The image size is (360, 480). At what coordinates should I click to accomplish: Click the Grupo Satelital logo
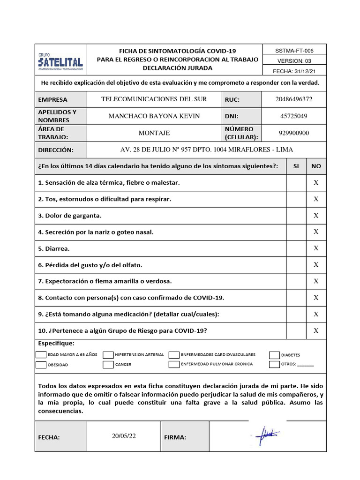point(60,60)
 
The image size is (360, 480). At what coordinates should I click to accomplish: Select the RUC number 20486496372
point(294,99)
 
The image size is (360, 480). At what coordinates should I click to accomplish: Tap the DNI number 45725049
point(294,116)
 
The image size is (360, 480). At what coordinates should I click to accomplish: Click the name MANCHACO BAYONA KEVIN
point(154,116)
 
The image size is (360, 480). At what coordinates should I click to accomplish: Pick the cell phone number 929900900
point(294,133)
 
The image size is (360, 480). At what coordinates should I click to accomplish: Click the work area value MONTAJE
point(154,133)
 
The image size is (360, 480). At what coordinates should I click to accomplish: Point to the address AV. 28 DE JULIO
point(206,150)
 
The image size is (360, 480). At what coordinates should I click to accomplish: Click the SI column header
point(296,166)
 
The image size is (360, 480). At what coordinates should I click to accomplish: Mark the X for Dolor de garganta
point(316,216)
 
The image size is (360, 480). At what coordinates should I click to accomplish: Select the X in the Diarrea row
point(316,248)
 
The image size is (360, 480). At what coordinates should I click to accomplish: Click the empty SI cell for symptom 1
point(296,182)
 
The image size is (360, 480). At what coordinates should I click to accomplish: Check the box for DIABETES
point(274,355)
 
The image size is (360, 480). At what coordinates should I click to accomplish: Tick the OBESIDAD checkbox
point(41,364)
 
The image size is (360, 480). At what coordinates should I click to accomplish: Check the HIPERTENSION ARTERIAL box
point(108,355)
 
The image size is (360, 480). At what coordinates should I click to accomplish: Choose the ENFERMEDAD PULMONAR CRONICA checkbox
point(174,364)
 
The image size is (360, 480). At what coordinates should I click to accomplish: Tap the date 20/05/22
point(124,436)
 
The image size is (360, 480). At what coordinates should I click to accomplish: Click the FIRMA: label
point(175,437)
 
